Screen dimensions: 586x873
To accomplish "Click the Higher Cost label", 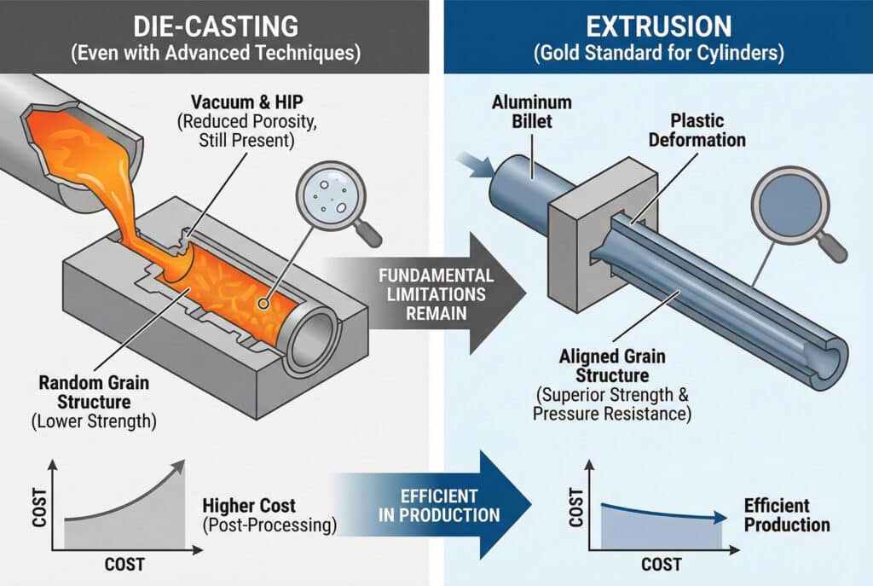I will point(245,506).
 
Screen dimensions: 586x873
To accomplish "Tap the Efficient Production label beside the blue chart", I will point(786,513).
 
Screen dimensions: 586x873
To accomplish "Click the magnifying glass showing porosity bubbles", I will point(328,190).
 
